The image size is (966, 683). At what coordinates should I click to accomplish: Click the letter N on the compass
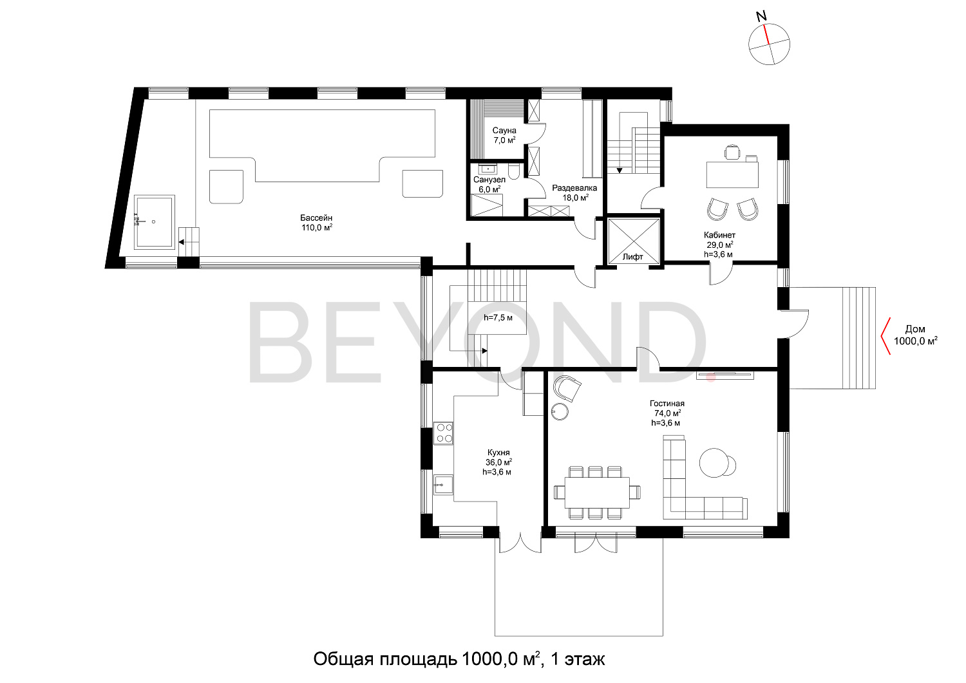(x=762, y=16)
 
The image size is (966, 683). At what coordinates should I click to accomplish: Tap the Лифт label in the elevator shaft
(x=632, y=257)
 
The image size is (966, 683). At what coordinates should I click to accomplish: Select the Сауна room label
(x=504, y=130)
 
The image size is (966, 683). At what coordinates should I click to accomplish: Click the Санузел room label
(x=489, y=180)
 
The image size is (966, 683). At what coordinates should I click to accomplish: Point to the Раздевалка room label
(x=574, y=188)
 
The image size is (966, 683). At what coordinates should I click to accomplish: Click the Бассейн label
(x=316, y=218)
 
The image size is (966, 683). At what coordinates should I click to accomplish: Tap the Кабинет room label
(x=719, y=235)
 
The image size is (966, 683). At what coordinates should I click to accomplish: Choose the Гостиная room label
(x=667, y=404)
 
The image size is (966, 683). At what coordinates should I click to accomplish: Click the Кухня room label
(x=498, y=453)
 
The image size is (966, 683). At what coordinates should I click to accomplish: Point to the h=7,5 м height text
(x=498, y=318)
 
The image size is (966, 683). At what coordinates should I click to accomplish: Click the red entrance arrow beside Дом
(x=885, y=336)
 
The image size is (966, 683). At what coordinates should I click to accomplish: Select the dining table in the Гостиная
(x=597, y=492)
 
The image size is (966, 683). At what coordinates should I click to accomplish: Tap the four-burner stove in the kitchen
(x=443, y=433)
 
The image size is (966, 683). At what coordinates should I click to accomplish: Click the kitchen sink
(x=443, y=485)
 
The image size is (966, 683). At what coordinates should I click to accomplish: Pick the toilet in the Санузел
(x=514, y=172)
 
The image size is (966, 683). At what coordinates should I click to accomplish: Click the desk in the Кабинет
(x=732, y=174)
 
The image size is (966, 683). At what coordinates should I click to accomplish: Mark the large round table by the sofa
(x=714, y=463)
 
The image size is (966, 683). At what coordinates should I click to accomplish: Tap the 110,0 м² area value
(x=317, y=228)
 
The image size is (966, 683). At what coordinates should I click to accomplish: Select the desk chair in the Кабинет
(x=732, y=152)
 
